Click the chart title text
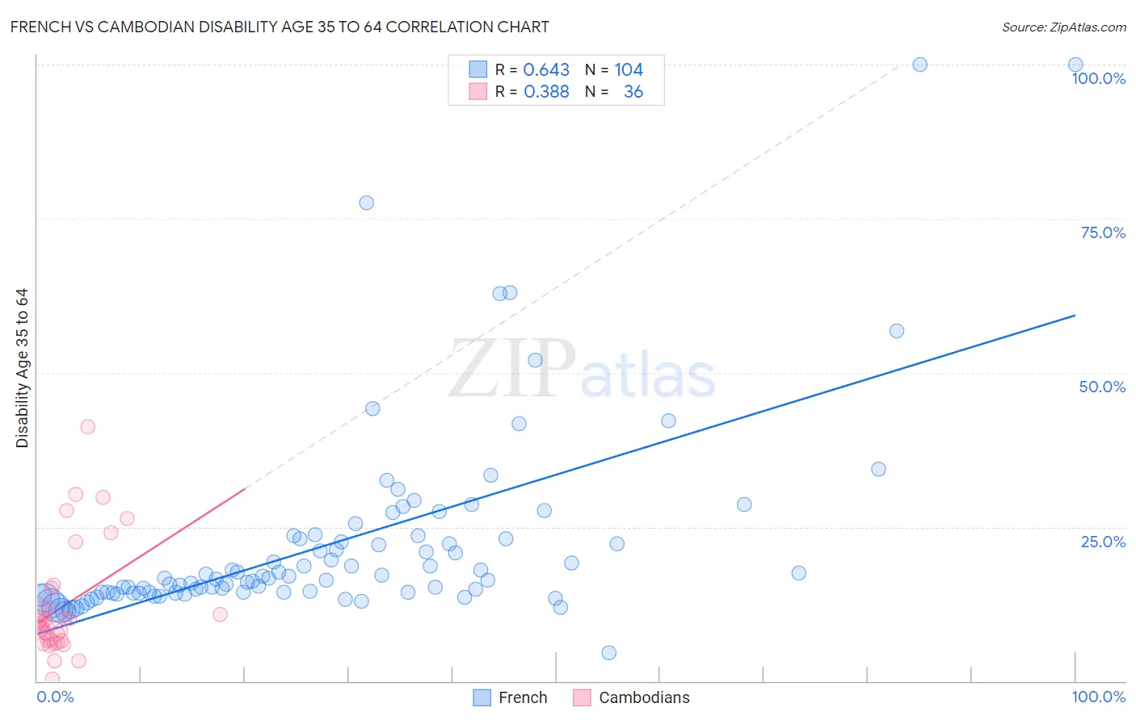point(280,27)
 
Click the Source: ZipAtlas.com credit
point(1063,27)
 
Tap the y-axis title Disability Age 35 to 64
point(22,368)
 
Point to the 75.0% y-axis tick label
point(1103,232)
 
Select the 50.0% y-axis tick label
point(1102,387)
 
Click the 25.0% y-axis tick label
point(1103,542)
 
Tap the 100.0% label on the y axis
point(1098,78)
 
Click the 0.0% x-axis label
point(55,697)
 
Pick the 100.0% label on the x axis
point(1098,697)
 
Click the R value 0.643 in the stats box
point(546,70)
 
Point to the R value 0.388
point(546,92)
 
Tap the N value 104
point(629,70)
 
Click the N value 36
point(633,92)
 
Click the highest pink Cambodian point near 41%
point(88,427)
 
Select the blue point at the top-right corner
point(1075,65)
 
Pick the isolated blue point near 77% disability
point(366,203)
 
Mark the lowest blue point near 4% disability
point(609,653)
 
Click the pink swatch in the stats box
point(478,92)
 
